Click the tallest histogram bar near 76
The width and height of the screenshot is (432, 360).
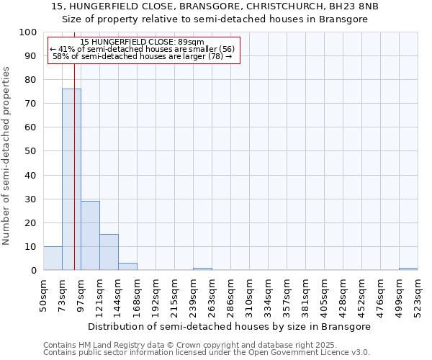pos(71,179)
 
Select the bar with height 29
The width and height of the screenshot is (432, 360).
pos(90,235)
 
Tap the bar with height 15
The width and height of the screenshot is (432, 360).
pos(109,252)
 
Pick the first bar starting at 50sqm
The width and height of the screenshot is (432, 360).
pos(53,258)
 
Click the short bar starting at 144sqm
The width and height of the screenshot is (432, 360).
pos(127,266)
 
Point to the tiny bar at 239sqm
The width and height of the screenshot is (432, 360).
pos(202,269)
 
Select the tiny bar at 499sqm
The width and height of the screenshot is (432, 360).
pos(408,269)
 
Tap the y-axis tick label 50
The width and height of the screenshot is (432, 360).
pos(31,151)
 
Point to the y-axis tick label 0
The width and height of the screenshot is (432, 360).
pos(34,270)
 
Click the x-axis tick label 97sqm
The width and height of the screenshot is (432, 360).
pos(81,295)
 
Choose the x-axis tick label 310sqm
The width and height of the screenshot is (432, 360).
pos(250,295)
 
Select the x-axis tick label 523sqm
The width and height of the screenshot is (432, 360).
pos(418,295)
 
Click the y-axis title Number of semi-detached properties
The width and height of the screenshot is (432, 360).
pos(6,156)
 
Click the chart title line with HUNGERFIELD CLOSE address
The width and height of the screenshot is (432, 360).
pos(215,6)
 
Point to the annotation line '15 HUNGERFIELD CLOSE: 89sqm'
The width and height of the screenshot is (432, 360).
pos(143,42)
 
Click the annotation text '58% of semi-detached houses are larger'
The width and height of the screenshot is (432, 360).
pos(143,57)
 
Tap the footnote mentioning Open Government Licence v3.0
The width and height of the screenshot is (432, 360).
pos(207,353)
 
